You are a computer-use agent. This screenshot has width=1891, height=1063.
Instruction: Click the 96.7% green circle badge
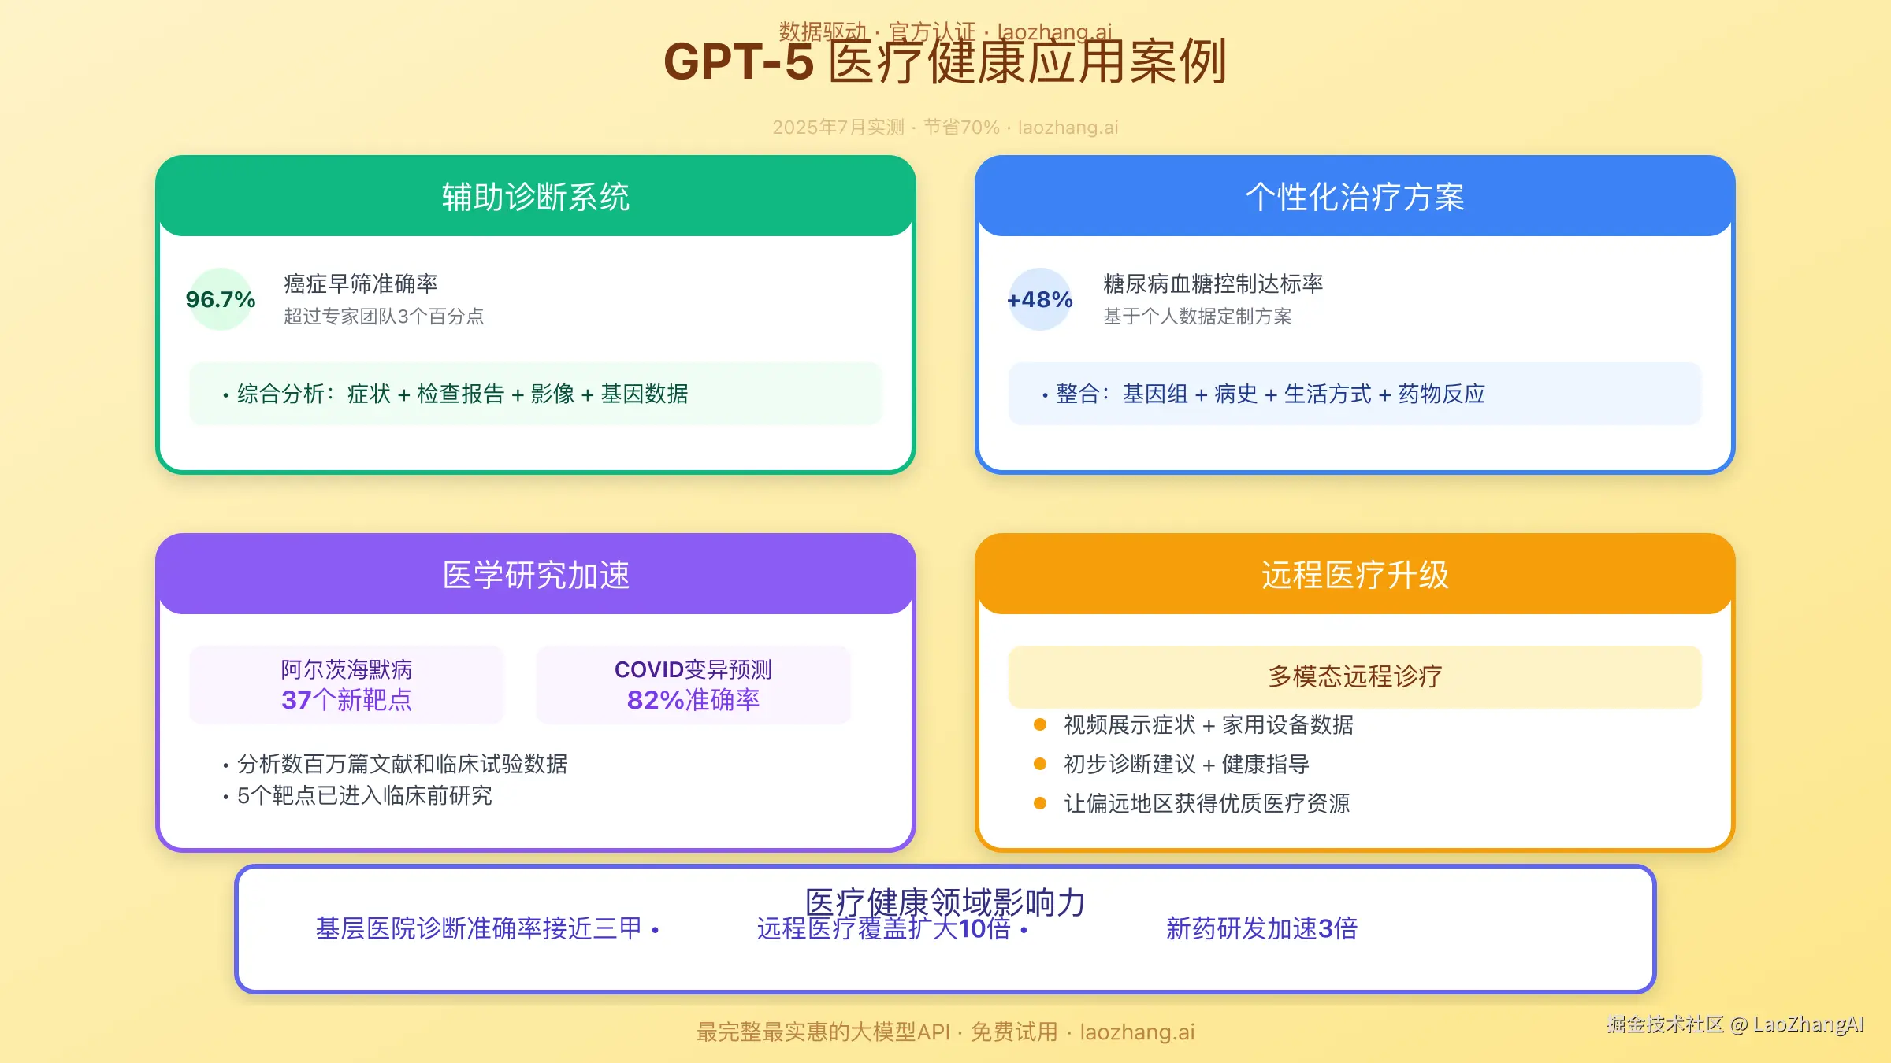coord(221,299)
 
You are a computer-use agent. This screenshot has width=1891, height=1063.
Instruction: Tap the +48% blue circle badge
coord(1040,299)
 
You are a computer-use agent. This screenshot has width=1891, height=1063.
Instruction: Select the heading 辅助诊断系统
coord(536,197)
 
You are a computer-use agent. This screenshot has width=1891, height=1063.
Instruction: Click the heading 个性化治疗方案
coord(1354,197)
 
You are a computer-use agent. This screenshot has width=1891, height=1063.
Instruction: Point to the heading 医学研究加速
coord(536,575)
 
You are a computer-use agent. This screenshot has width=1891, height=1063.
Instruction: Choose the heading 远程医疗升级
coord(1354,575)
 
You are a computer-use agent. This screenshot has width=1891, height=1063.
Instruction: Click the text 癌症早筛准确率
coord(361,283)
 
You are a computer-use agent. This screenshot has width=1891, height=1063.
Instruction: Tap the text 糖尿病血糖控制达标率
coord(1213,283)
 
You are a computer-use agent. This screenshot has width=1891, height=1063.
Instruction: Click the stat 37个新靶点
coord(347,699)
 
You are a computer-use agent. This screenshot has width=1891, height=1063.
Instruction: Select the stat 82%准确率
coord(693,699)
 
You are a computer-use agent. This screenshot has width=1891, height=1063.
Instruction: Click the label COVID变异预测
coord(693,669)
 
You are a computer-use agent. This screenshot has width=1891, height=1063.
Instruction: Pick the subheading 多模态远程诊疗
coord(1354,676)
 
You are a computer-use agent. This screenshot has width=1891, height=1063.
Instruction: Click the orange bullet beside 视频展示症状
coord(1040,724)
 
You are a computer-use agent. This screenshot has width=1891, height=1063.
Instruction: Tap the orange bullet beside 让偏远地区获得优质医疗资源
coord(1040,803)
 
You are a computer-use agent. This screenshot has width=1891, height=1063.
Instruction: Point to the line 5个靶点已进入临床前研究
coord(365,795)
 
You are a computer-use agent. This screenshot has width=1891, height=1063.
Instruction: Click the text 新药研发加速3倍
coord(1261,928)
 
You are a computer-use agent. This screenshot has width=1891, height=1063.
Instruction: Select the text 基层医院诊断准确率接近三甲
coord(479,928)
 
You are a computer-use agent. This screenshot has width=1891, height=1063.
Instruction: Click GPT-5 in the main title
coord(738,62)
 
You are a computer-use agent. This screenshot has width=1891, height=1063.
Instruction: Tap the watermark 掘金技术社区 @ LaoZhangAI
coord(1735,1024)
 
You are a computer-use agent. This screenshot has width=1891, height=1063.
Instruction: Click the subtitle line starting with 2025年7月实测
coord(945,128)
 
